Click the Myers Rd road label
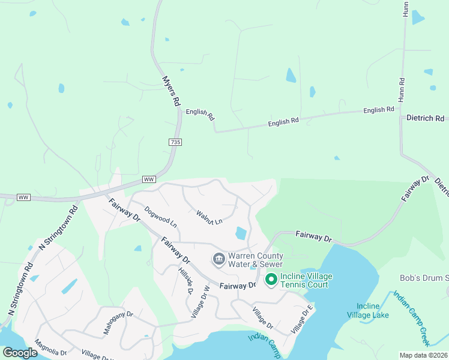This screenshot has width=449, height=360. point(172,91)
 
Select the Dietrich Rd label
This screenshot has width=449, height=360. point(425,119)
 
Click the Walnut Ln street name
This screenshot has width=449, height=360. point(209,217)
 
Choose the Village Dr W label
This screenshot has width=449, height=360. point(200,301)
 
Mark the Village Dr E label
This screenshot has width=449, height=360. point(302,319)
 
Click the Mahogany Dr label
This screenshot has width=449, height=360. point(118,322)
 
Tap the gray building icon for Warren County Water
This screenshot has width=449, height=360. point(218,259)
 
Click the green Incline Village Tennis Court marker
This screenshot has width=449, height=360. point(271,280)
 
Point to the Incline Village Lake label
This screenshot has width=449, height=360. point(368,311)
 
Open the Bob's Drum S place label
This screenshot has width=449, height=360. point(424,278)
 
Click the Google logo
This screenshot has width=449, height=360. point(20,353)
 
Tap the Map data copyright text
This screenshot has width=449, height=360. point(423,355)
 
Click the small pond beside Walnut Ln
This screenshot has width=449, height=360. point(241,232)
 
